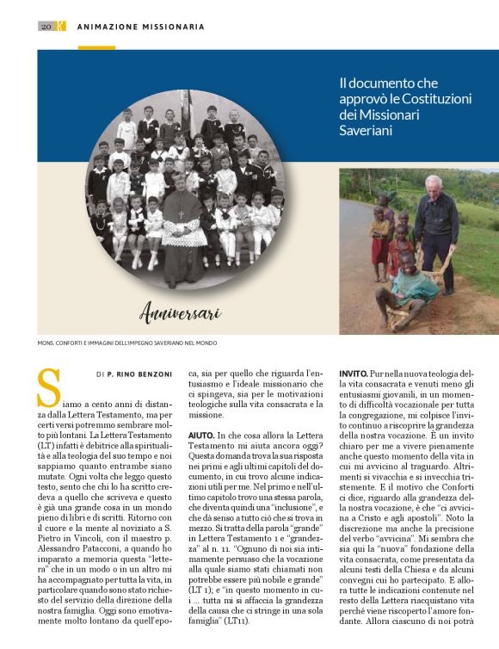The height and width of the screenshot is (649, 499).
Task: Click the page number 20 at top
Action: (x=46, y=27)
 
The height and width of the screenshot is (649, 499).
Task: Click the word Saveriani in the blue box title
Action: (x=367, y=131)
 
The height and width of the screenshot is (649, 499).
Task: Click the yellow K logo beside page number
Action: (x=60, y=27)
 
